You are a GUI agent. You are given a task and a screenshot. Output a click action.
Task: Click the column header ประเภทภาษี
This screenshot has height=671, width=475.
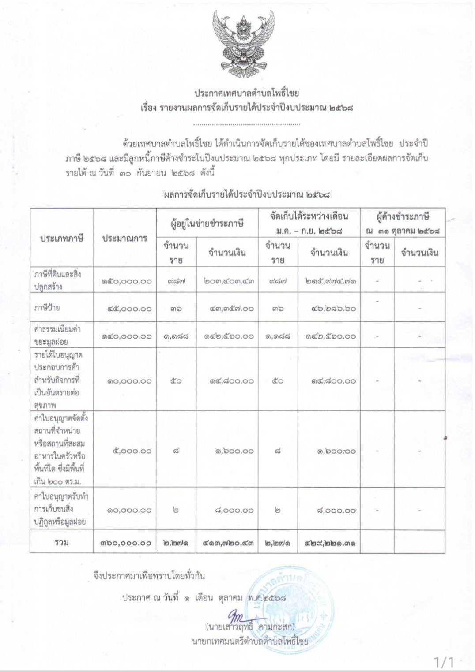62,239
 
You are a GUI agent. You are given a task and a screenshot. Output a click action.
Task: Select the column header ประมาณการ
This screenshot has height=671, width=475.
125,239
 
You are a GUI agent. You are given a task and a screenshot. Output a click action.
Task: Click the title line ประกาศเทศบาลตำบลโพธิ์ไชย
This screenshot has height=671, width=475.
247,93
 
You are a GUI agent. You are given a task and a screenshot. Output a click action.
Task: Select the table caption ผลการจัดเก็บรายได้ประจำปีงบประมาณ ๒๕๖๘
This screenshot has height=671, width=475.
247,194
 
